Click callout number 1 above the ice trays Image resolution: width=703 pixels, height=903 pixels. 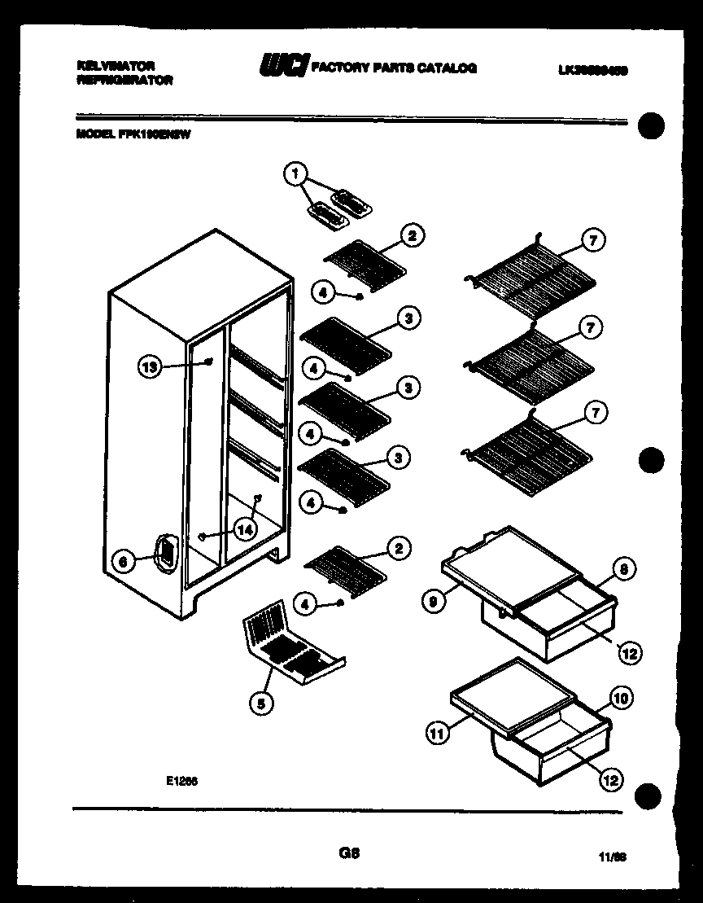click(x=295, y=173)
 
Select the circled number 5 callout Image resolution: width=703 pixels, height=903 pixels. click(x=260, y=705)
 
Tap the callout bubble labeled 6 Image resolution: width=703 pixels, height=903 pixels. click(x=123, y=561)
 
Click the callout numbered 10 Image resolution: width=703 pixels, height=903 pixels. click(x=620, y=698)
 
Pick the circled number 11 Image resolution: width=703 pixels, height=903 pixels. click(x=438, y=734)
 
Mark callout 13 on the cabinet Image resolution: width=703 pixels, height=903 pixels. click(x=148, y=368)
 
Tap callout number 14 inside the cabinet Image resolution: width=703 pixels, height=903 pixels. click(x=244, y=529)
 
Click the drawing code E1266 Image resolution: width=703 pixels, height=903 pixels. click(x=182, y=780)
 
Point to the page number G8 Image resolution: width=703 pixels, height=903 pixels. click(x=349, y=853)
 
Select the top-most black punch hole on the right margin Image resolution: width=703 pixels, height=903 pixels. click(x=652, y=126)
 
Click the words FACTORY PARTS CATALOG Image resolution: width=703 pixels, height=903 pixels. click(x=394, y=68)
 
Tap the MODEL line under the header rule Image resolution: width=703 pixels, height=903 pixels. click(x=133, y=137)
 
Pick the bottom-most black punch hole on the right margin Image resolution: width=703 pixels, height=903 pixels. click(x=652, y=796)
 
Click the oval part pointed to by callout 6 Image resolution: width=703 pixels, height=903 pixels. click(x=165, y=554)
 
